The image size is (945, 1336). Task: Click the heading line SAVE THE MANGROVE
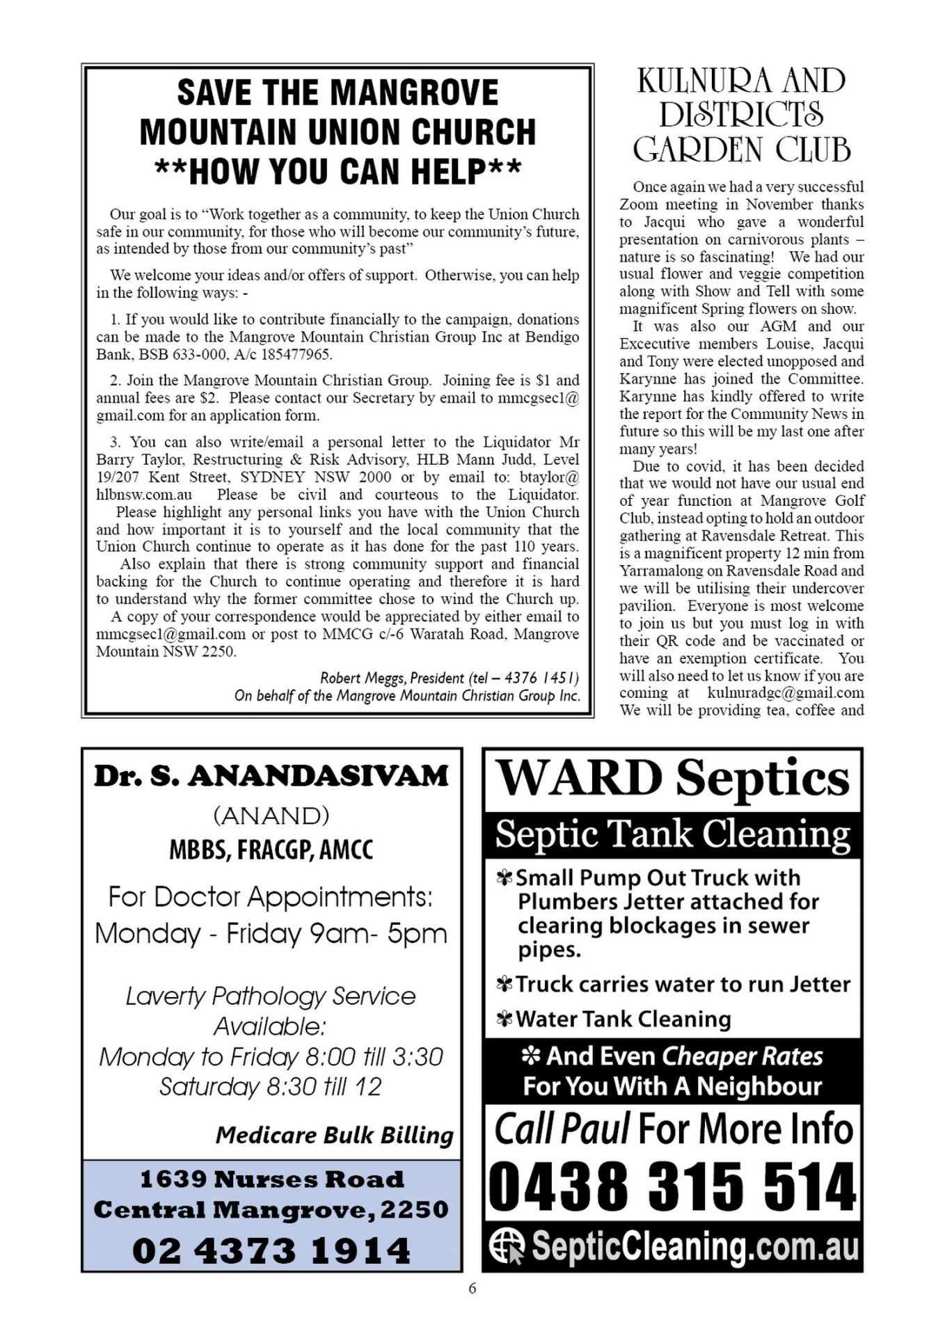[337, 93]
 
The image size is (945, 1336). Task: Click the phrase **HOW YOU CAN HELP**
[337, 171]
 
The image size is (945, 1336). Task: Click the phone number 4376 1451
[539, 678]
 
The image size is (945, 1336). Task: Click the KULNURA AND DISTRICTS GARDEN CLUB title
[742, 115]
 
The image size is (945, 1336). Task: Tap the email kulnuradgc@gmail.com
[786, 693]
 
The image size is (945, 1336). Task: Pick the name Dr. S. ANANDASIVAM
[271, 776]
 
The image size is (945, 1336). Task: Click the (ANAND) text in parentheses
[271, 815]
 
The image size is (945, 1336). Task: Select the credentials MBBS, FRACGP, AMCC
[271, 850]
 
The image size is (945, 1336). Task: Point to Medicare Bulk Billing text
[334, 1136]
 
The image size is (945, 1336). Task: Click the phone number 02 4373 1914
[271, 1250]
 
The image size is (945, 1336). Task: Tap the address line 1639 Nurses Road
[271, 1179]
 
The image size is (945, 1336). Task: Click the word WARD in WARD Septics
[579, 778]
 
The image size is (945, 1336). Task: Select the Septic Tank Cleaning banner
[672, 834]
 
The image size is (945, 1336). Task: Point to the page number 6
[472, 1288]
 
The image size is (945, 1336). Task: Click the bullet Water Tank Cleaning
[623, 1019]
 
